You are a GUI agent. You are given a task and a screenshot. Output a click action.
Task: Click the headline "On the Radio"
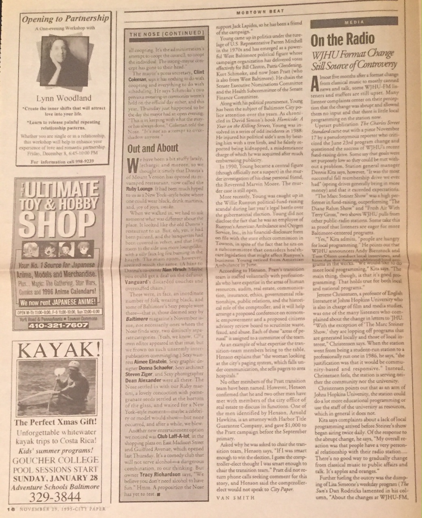342,40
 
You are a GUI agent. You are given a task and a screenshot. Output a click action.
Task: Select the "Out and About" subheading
147,148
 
